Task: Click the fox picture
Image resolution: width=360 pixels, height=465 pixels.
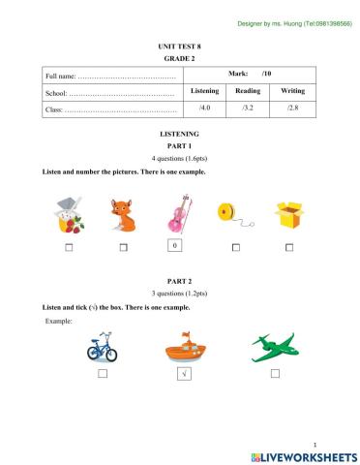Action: tap(123, 215)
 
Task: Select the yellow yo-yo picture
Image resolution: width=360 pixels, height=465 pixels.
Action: tap(230, 215)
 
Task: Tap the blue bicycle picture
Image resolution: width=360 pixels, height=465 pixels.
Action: tap(102, 347)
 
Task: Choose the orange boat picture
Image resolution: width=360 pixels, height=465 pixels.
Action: tap(184, 346)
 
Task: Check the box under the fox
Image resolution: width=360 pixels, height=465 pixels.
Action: tap(124, 248)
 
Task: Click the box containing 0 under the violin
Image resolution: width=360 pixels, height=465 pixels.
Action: tap(174, 246)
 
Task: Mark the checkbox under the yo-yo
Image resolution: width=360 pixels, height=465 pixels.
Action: tap(235, 248)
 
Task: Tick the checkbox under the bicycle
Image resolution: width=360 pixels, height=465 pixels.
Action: tap(101, 373)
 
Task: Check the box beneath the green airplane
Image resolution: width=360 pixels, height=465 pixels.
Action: tap(275, 373)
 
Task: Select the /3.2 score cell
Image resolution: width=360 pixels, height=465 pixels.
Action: tap(247, 109)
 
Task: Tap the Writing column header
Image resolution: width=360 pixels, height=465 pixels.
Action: tap(292, 90)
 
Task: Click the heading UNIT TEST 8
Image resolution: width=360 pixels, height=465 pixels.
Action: tap(179, 46)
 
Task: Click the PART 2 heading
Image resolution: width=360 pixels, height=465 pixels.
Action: tap(179, 279)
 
